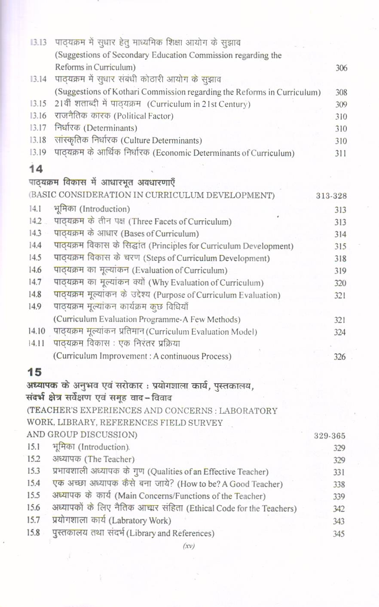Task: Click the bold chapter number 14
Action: point(36,169)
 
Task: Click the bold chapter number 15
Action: point(34,372)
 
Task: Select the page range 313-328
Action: point(331,196)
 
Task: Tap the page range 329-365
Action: point(329,436)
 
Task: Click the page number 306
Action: point(341,68)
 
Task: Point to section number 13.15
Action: point(38,104)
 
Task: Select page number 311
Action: point(340,153)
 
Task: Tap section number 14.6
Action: point(35,270)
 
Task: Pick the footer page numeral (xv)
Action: point(189,546)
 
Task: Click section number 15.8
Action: point(34,533)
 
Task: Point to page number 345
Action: point(339,534)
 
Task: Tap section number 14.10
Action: point(37,332)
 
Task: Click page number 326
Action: point(339,357)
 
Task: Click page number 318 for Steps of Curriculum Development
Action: point(340,259)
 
